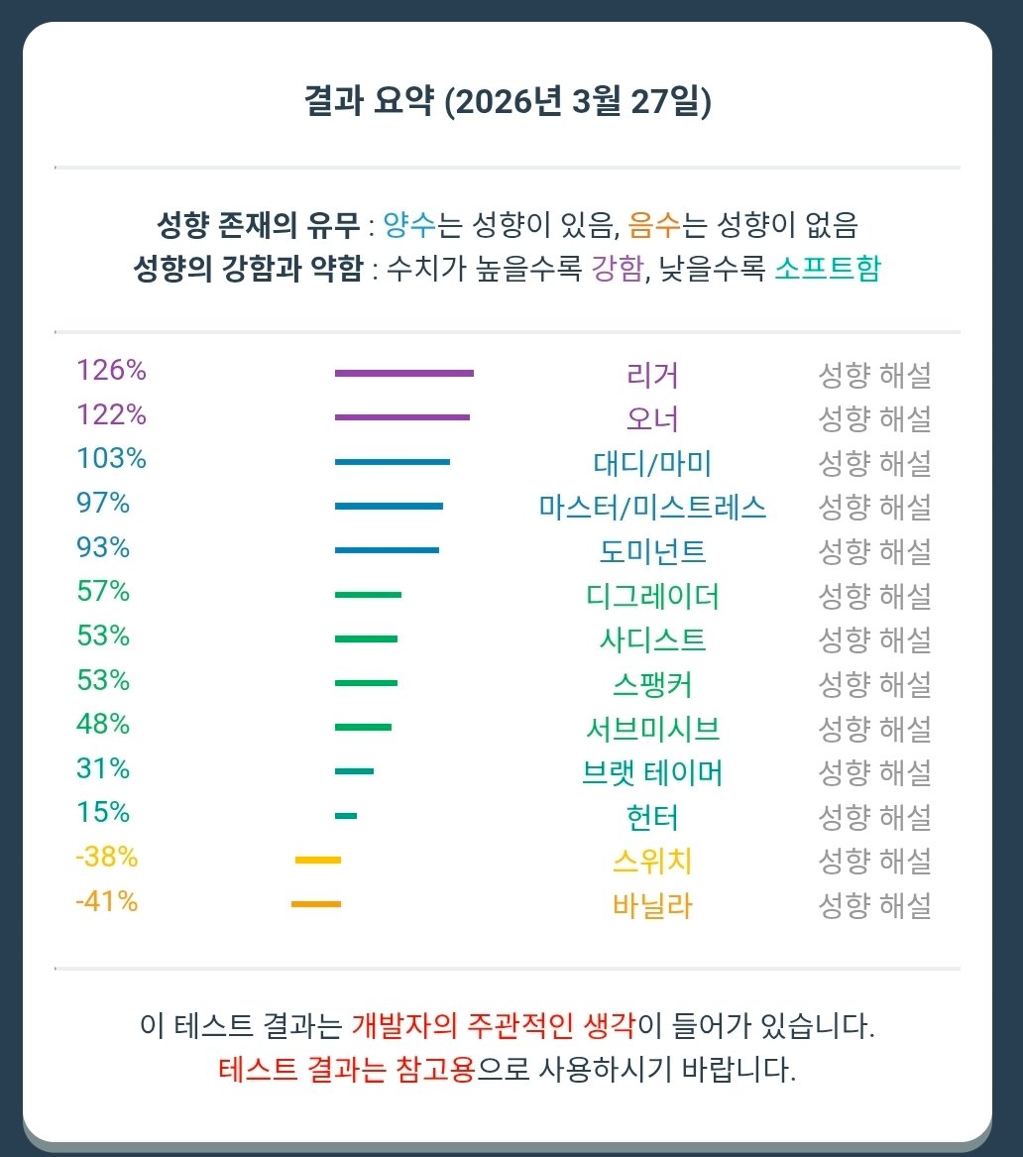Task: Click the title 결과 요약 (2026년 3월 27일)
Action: (507, 102)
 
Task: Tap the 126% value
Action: (111, 371)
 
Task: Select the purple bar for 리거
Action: (404, 373)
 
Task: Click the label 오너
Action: (652, 419)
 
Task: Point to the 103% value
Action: (111, 459)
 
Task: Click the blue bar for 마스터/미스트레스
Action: (389, 506)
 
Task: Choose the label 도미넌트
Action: (652, 551)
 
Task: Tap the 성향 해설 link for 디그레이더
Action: (873, 596)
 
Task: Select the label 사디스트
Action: (652, 639)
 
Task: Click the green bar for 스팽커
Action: (366, 683)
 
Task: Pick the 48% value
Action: (103, 725)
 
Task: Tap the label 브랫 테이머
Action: (652, 772)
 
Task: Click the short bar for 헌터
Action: (346, 816)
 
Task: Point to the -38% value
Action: (106, 858)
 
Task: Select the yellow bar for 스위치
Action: (318, 860)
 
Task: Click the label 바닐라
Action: (652, 905)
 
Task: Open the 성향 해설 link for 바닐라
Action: (873, 905)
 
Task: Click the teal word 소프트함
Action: (826, 270)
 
